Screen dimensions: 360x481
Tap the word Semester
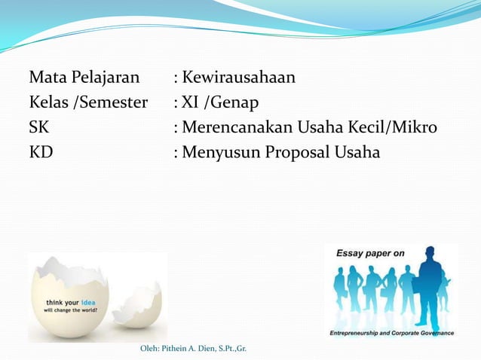coord(112,102)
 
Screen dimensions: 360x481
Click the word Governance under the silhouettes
coord(433,332)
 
